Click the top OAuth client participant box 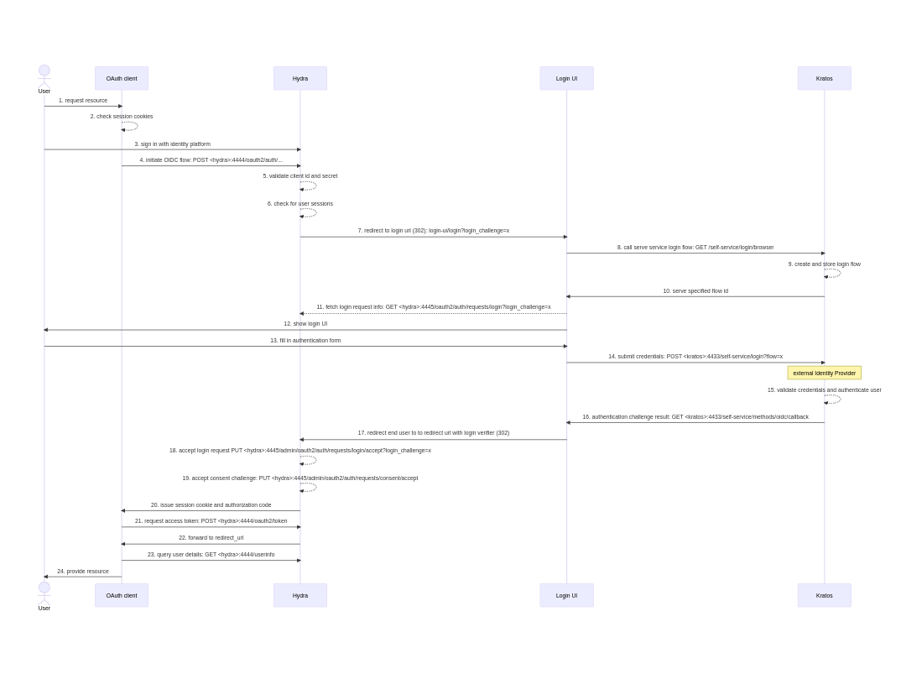pyautogui.click(x=122, y=78)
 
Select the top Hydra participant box pyautogui.click(x=300, y=78)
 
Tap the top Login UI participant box pyautogui.click(x=566, y=78)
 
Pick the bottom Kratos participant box pyautogui.click(x=824, y=595)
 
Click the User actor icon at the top pyautogui.click(x=44, y=72)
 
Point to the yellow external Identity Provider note pyautogui.click(x=824, y=373)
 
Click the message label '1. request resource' pyautogui.click(x=83, y=101)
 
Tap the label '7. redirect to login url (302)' pyautogui.click(x=433, y=231)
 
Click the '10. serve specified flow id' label pyautogui.click(x=695, y=291)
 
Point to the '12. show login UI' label pyautogui.click(x=305, y=324)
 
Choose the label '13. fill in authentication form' pyautogui.click(x=305, y=341)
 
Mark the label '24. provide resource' pyautogui.click(x=83, y=572)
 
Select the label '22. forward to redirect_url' pyautogui.click(x=211, y=538)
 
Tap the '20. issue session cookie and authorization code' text pyautogui.click(x=211, y=505)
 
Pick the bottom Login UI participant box pyautogui.click(x=566, y=595)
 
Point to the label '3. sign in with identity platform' pyautogui.click(x=172, y=144)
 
